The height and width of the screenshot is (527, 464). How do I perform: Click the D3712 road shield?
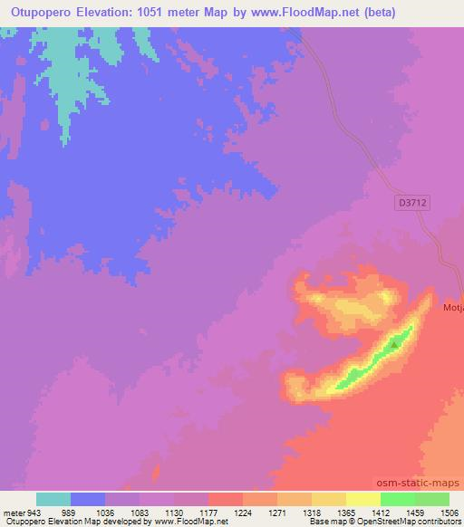[412, 205]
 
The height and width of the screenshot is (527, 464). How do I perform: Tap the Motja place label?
[453, 308]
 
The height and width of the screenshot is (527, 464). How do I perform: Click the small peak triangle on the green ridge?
[394, 344]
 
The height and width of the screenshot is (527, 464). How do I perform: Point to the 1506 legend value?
[438, 512]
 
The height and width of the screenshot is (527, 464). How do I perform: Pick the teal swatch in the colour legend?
[53, 499]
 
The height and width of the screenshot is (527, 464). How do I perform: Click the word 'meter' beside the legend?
[13, 512]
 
